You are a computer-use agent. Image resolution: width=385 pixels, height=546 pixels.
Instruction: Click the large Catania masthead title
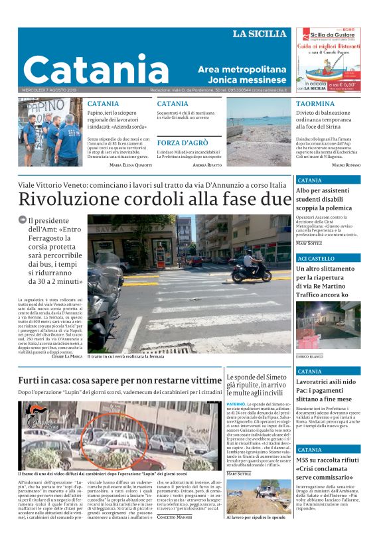(x=96, y=70)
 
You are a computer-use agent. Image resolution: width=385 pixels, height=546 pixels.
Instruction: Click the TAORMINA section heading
(x=315, y=104)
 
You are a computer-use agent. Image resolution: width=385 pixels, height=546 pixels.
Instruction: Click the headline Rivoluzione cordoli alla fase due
(x=155, y=198)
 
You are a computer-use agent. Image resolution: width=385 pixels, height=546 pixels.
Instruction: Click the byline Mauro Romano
(x=346, y=165)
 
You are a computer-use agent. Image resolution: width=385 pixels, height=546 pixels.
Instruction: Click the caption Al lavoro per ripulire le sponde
(x=256, y=535)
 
